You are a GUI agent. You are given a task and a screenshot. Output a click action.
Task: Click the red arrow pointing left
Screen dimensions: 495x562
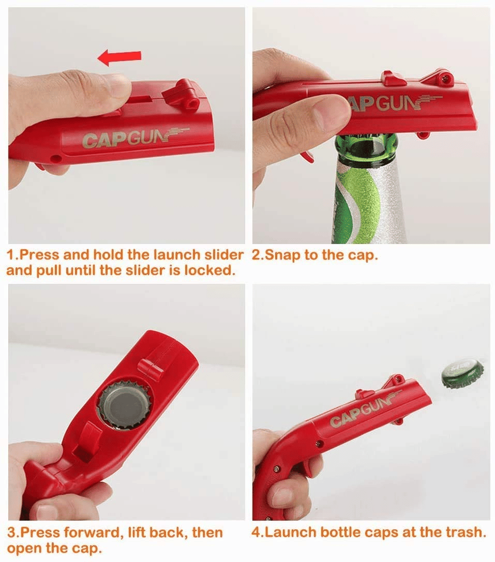coord(119,57)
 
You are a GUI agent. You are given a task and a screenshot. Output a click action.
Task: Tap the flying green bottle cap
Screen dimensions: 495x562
coord(462,374)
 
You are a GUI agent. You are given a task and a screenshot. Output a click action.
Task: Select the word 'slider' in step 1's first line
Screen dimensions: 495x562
coord(224,255)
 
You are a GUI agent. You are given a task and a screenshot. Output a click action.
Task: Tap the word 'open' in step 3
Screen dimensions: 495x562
coord(23,549)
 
